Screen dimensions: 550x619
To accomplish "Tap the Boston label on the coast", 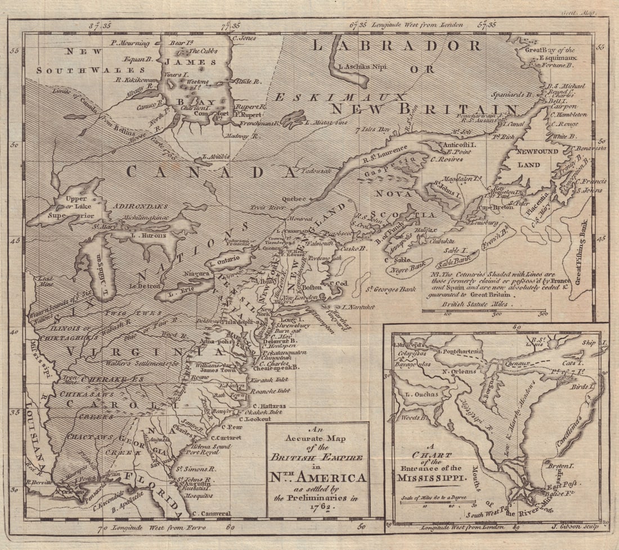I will point(312,287).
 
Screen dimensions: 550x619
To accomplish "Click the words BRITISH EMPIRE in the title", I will point(319,457).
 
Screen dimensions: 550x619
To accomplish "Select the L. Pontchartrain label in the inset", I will point(460,351).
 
